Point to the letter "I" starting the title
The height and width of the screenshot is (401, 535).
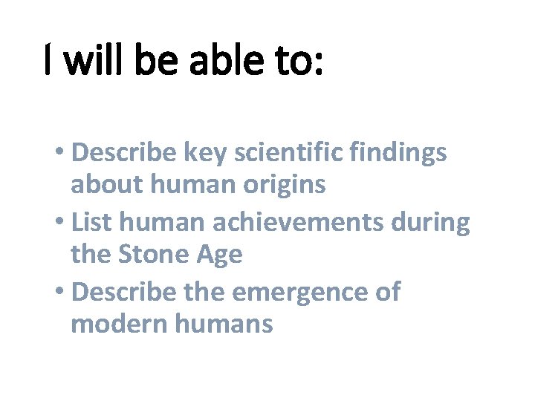click(x=48, y=62)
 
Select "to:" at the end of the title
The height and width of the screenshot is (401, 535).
click(x=299, y=62)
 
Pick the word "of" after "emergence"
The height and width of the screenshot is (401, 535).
click(x=386, y=292)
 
